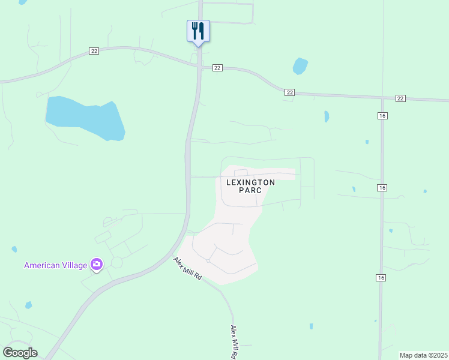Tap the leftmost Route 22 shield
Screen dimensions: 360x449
pos(94,51)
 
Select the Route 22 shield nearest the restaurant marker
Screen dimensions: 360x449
pos(217,68)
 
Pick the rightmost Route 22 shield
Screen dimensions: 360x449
pos(401,98)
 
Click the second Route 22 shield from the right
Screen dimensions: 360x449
pos(290,92)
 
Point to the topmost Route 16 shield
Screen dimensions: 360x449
pos(382,115)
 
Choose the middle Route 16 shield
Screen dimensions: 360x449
pos(382,188)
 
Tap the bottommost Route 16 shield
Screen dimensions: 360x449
pos(382,277)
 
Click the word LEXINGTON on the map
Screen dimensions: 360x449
pos(250,182)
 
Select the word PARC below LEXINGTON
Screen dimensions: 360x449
pos(250,190)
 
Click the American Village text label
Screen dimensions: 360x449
pos(55,265)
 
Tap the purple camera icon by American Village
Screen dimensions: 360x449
pos(97,264)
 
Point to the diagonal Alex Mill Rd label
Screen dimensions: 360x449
pos(188,271)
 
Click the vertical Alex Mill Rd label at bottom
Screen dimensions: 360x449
pos(234,342)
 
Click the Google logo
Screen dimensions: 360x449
pos(20,353)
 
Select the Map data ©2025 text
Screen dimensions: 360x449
pos(423,355)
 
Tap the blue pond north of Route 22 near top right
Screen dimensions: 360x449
pos(300,66)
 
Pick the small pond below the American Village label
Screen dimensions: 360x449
pos(28,305)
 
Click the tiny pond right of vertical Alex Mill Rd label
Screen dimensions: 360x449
pos(311,326)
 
